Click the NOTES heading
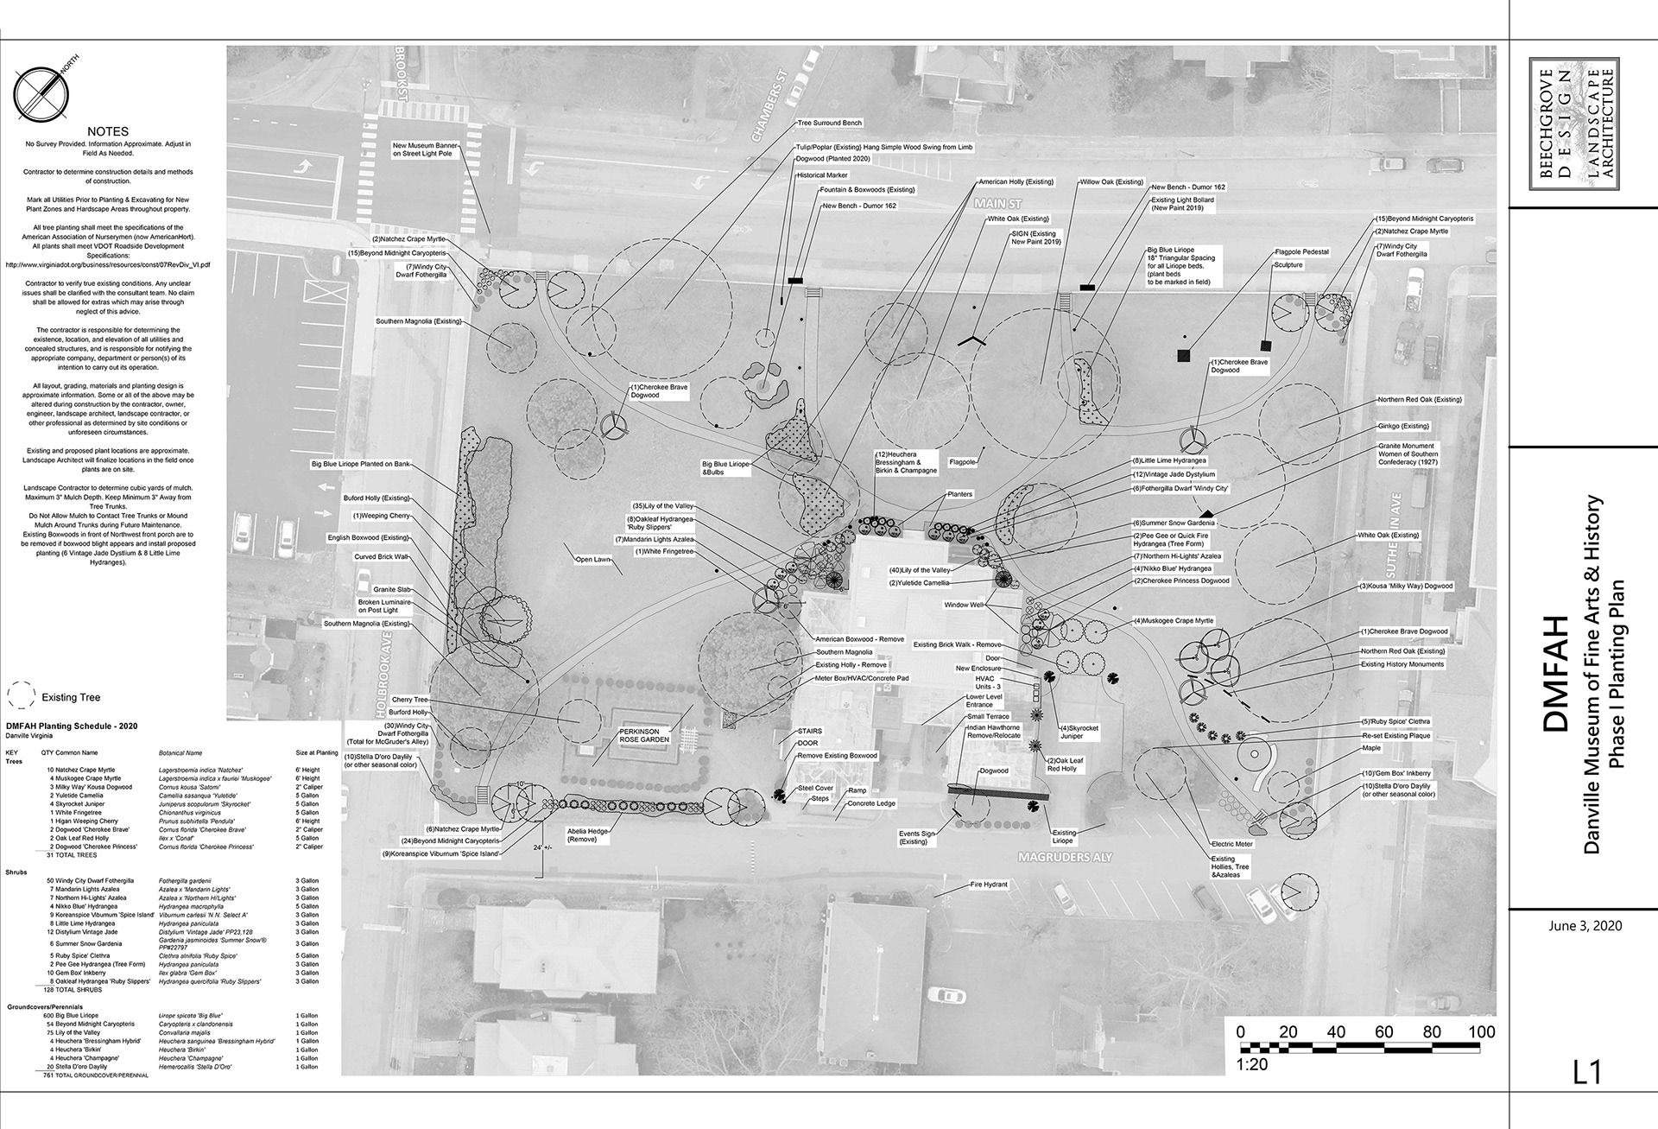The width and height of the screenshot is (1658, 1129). [108, 132]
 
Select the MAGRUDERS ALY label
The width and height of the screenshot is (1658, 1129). [1066, 858]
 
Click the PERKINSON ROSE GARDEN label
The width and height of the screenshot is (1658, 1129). [643, 735]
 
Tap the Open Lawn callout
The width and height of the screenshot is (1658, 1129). [593, 560]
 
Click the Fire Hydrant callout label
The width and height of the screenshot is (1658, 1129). [989, 885]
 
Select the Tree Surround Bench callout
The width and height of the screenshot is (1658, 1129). [829, 124]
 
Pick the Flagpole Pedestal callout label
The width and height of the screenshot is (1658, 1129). [1301, 252]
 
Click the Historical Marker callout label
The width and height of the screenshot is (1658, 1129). [822, 175]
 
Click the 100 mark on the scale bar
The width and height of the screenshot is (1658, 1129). [1481, 1031]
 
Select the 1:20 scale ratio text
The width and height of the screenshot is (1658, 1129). [1252, 1065]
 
